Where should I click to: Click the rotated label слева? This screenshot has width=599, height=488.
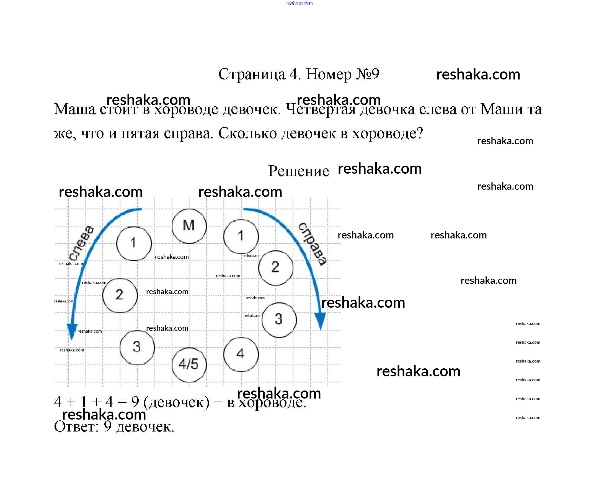tap(81, 243)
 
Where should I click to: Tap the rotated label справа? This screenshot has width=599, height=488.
tap(313, 243)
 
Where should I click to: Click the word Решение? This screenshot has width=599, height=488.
tap(298, 171)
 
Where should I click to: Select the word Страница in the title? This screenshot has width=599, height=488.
tap(252, 75)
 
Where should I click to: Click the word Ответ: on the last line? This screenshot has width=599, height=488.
tap(76, 427)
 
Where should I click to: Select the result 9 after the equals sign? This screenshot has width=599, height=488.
tap(135, 402)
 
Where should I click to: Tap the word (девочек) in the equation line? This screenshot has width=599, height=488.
tap(176, 402)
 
